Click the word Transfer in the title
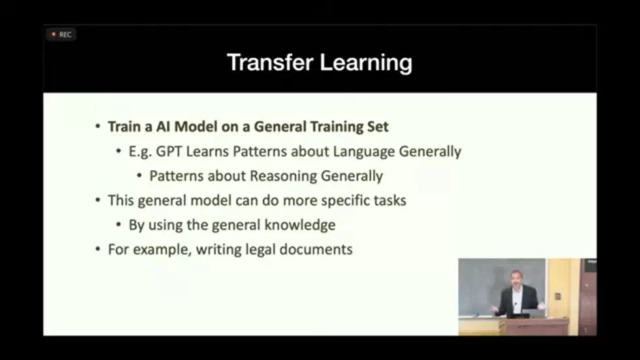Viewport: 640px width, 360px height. click(268, 63)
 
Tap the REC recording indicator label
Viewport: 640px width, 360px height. click(65, 35)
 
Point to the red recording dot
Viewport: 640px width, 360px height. click(54, 35)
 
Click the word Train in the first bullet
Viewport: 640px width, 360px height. click(123, 127)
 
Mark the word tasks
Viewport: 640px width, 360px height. click(390, 201)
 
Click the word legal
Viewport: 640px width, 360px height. click(249, 250)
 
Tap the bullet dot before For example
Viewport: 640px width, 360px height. click(98, 250)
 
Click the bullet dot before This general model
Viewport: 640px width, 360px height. click(98, 201)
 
